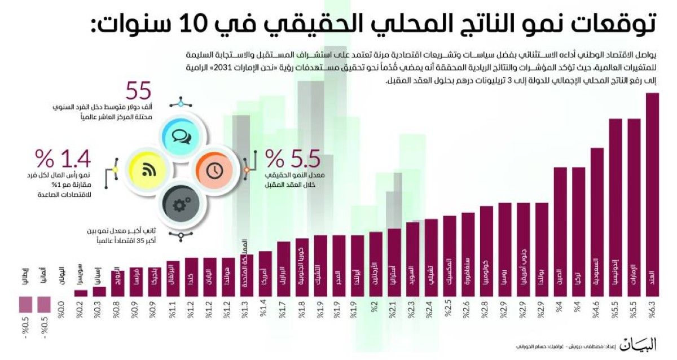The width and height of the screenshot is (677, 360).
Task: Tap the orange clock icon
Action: [214, 169]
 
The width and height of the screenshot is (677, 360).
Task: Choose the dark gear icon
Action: [181, 204]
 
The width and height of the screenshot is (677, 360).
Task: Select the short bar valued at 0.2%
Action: [81, 293]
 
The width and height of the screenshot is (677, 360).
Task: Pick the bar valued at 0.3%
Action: [99, 291]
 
